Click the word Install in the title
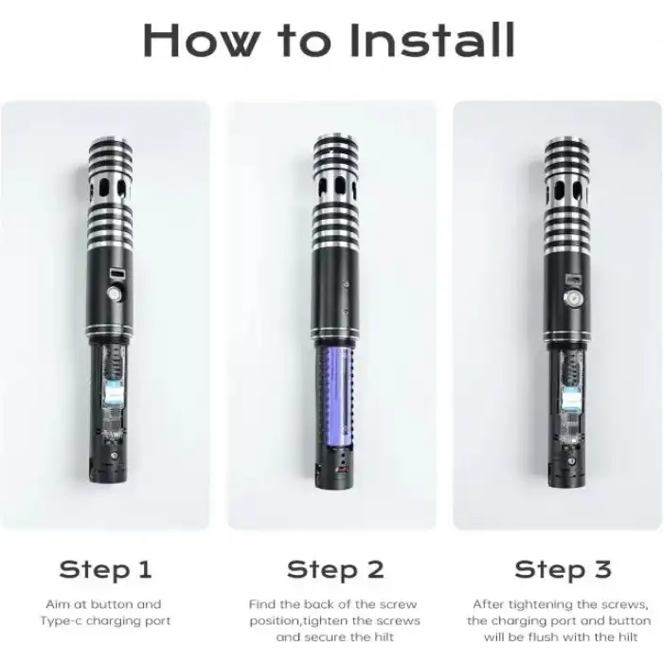[432, 40]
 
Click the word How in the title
[201, 40]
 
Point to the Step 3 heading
[563, 568]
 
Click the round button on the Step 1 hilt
[115, 294]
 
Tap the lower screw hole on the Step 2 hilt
[346, 312]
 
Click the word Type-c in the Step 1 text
[61, 621]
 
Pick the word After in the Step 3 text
[488, 604]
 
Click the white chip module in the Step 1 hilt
[113, 391]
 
